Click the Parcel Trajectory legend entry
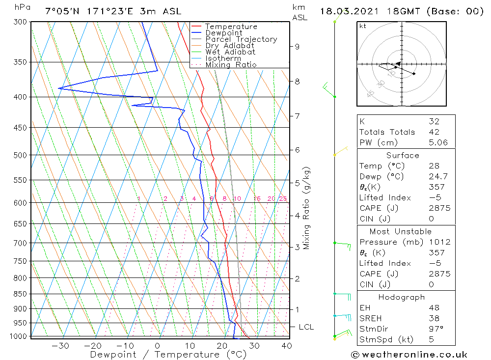241,39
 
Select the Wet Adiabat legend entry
230,52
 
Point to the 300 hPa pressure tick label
21,22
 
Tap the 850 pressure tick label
21,294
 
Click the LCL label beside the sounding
306,327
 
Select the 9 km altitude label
297,47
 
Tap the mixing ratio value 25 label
283,199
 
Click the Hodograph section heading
401,297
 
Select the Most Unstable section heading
401,232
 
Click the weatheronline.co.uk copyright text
409,355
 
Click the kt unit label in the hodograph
363,26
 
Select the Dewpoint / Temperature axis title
168,355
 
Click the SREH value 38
434,318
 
